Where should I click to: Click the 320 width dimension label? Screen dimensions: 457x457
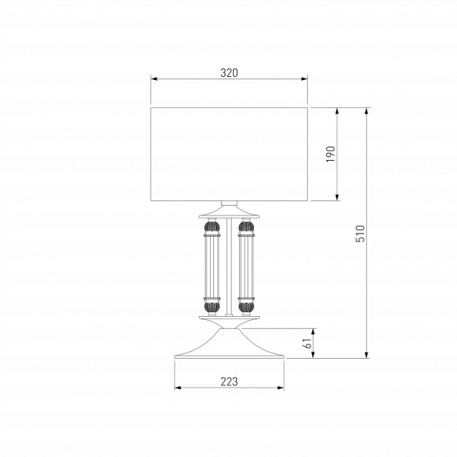tap(229, 73)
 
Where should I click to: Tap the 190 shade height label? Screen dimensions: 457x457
tap(331, 154)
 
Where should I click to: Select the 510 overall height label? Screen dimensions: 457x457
tap(360, 234)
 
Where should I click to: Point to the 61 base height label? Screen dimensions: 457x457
tap(308, 344)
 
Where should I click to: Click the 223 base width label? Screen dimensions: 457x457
tap(229, 382)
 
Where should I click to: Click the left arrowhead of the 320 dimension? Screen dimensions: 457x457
tap(154, 78)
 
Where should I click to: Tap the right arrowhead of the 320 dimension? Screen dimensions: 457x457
tap(304, 78)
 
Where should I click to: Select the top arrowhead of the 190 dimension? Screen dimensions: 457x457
tap(337, 111)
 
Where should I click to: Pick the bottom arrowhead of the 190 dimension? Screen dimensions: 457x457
tap(337, 197)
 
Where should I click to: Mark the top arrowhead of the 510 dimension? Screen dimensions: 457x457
tap(366, 111)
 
